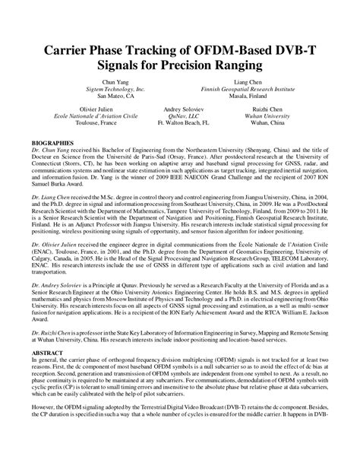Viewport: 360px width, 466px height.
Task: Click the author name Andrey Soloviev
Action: coord(182,110)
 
